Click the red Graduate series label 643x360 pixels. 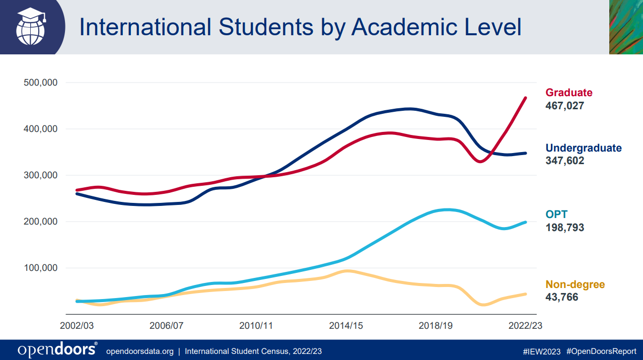click(x=569, y=93)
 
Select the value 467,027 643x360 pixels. click(x=564, y=106)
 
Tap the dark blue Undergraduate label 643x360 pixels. click(x=584, y=148)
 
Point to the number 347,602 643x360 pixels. click(x=564, y=161)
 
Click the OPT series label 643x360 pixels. click(x=556, y=214)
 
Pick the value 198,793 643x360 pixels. click(x=564, y=228)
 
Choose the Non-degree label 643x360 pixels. click(x=575, y=284)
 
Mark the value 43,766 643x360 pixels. click(x=561, y=297)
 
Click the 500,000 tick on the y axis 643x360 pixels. click(x=41, y=83)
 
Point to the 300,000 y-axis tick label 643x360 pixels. click(x=41, y=175)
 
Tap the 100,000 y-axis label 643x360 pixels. click(x=41, y=268)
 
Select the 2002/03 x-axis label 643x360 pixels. click(x=77, y=326)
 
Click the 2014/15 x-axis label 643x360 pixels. click(x=346, y=326)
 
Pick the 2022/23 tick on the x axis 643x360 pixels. click(x=525, y=326)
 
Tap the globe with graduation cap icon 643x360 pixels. click(x=31, y=27)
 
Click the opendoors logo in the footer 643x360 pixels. click(x=57, y=349)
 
